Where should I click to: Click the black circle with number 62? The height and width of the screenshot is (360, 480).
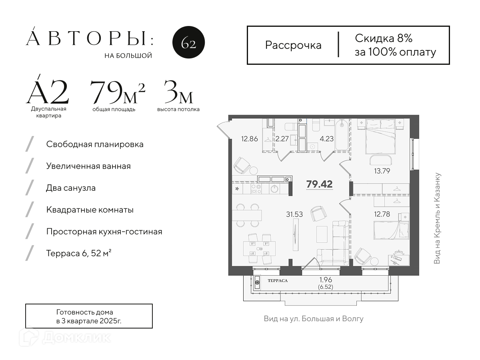pyautogui.click(x=188, y=42)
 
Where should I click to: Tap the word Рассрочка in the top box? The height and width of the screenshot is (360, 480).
pyautogui.click(x=293, y=46)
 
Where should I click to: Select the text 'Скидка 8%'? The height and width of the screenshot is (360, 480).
pyautogui.click(x=384, y=38)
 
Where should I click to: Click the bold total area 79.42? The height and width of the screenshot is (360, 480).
pyautogui.click(x=319, y=184)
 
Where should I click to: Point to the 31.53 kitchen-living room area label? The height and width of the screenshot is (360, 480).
pyautogui.click(x=294, y=214)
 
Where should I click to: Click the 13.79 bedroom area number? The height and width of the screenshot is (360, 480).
pyautogui.click(x=382, y=171)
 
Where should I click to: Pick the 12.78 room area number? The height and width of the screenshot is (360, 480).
pyautogui.click(x=382, y=214)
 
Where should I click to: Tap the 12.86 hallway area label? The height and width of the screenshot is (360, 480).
pyautogui.click(x=250, y=139)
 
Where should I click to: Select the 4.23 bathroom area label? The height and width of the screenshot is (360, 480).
pyautogui.click(x=327, y=139)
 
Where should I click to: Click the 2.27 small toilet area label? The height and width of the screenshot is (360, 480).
pyautogui.click(x=282, y=139)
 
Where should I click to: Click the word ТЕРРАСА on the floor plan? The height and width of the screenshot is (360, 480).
pyautogui.click(x=278, y=281)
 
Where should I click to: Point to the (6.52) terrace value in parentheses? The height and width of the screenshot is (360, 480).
pyautogui.click(x=326, y=287)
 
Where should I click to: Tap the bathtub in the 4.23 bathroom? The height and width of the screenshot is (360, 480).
pyautogui.click(x=341, y=135)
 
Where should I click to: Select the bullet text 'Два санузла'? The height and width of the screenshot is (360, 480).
pyautogui.click(x=71, y=188)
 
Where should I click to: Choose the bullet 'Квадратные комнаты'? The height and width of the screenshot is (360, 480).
pyautogui.click(x=90, y=210)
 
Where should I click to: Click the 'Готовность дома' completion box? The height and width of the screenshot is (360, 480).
pyautogui.click(x=89, y=316)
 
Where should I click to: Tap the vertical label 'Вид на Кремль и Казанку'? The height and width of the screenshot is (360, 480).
pyautogui.click(x=437, y=218)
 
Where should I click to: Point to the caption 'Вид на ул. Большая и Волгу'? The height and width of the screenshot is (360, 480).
pyautogui.click(x=314, y=319)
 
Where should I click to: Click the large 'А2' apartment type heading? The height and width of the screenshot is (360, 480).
pyautogui.click(x=48, y=91)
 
